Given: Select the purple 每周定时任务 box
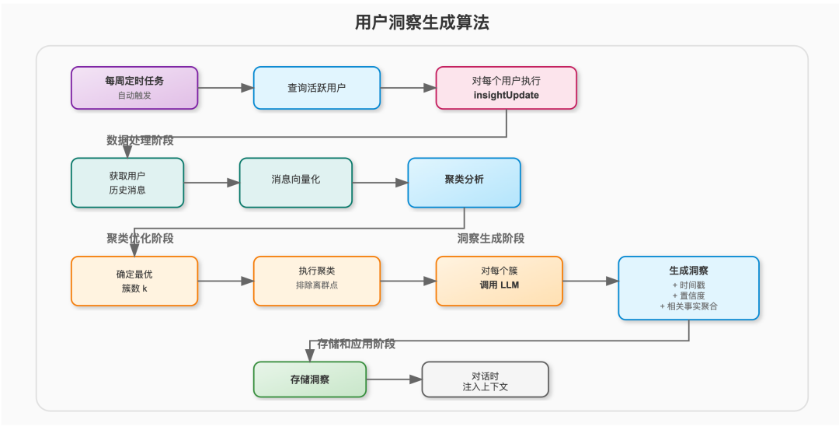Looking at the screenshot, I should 134,88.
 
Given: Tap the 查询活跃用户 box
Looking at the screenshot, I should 316,88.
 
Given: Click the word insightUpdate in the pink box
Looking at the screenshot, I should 506,96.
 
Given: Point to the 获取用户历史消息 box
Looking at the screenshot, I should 127,183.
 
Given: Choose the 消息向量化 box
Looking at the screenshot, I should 295,183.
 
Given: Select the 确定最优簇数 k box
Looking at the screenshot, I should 134,281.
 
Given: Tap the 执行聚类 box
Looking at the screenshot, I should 316,281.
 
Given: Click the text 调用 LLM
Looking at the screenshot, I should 499,286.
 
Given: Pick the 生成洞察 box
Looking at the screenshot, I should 688,288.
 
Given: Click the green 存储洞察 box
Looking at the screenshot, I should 309,379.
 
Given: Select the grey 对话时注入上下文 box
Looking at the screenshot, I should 485,379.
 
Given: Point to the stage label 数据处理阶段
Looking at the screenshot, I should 140,141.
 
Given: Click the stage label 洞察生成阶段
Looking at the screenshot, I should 491,239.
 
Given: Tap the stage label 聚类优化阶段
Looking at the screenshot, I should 140,239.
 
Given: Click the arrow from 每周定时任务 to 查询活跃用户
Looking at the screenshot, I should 225,88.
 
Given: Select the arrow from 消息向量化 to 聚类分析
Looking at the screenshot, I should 380,183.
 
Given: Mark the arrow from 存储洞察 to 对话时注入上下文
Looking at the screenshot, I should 393,379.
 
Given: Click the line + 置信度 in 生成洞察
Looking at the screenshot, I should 688,295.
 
